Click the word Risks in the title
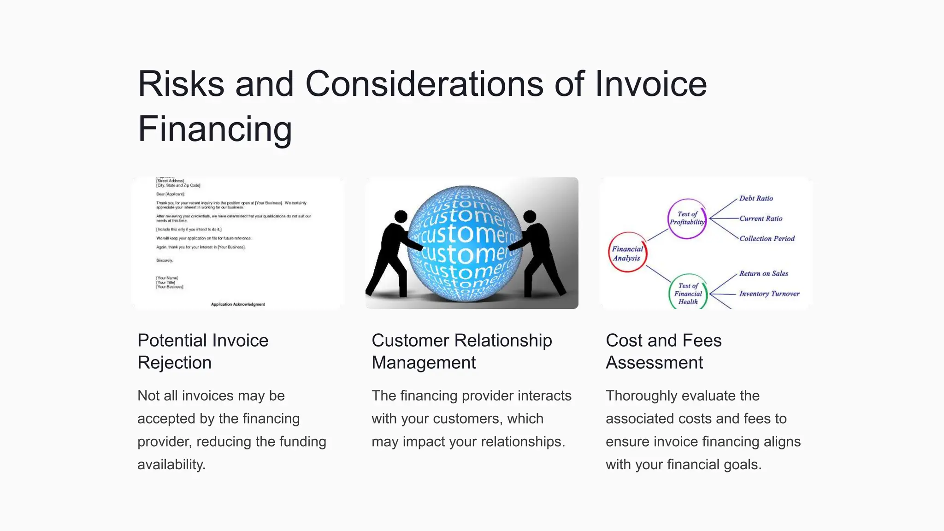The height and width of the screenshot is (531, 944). tap(181, 84)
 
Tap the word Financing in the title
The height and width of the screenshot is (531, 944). tap(215, 130)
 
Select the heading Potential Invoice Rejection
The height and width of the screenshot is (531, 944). tap(203, 351)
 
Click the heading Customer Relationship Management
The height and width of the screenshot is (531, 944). tap(461, 351)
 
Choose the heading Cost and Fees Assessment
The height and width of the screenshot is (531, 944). tap(663, 351)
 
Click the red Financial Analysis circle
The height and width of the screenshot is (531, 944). tap(627, 253)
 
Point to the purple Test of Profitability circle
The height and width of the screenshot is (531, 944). tap(687, 218)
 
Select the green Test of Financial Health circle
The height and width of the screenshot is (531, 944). tap(688, 294)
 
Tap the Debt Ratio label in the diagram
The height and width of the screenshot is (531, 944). tap(756, 198)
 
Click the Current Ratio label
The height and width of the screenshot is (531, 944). tap(761, 218)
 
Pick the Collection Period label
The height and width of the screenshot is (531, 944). tap(767, 238)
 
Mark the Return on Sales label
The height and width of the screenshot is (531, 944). tap(764, 273)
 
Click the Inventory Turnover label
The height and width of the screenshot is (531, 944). tap(769, 294)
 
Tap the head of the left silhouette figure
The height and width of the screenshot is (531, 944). tap(401, 216)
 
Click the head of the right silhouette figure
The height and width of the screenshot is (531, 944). tap(530, 216)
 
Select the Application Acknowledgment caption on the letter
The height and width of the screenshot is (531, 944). tap(238, 304)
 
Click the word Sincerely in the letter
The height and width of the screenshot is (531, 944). tap(165, 260)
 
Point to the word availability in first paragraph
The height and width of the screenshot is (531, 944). tap(171, 465)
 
